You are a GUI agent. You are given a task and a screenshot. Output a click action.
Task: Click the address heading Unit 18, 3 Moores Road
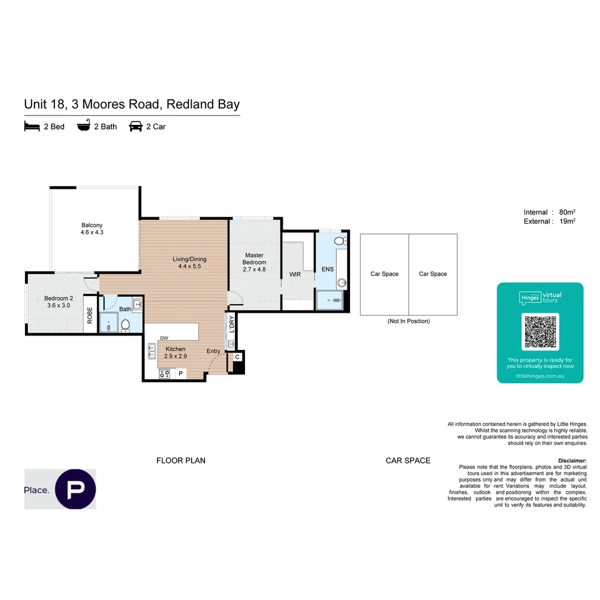[x=132, y=104]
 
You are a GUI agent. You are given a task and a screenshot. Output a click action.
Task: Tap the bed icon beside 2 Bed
[x=32, y=127]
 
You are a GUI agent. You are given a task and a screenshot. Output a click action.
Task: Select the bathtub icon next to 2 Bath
[x=83, y=126]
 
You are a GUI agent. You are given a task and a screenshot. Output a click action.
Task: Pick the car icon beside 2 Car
[x=136, y=127]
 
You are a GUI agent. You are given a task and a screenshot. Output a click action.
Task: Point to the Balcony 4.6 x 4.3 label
[x=92, y=229]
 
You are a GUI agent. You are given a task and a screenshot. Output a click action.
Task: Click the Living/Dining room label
[x=189, y=262]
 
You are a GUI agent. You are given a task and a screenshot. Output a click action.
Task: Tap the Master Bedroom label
[x=254, y=262]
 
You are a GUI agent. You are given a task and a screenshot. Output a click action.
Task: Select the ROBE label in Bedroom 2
[x=89, y=316]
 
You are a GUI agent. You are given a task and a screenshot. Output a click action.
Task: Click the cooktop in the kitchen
[x=164, y=374]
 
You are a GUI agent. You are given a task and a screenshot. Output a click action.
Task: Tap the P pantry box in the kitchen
[x=180, y=374]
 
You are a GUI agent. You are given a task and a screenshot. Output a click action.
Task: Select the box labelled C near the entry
[x=237, y=357]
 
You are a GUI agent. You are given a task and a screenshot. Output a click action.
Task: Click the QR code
[x=540, y=332]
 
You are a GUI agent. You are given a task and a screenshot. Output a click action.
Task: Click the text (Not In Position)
[x=408, y=321]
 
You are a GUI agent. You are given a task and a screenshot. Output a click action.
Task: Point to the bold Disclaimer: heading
[x=572, y=461]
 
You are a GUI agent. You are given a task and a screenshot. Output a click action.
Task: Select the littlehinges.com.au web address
[x=540, y=376]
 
